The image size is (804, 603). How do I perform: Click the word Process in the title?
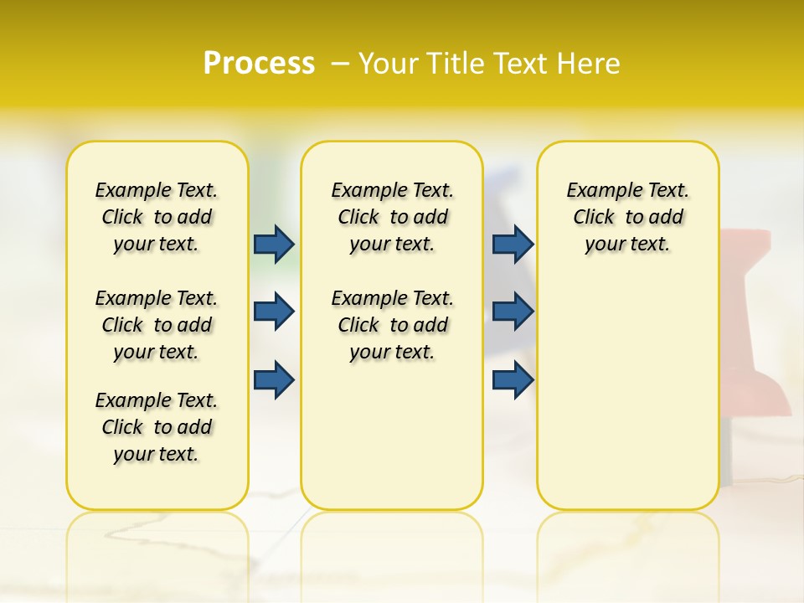[x=259, y=63]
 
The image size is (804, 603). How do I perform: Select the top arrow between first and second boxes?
[x=274, y=244]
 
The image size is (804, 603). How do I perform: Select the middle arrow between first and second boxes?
[x=274, y=312]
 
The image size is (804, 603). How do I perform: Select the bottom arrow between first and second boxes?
[x=274, y=379]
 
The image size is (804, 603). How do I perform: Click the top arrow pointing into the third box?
[x=513, y=244]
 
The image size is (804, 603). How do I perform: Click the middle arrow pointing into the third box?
[x=513, y=312]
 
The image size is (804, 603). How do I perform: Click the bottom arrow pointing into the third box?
[x=513, y=379]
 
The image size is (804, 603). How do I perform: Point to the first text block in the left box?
[x=157, y=217]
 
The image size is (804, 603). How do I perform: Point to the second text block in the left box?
[x=157, y=325]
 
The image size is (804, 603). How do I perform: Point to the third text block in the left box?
[x=157, y=427]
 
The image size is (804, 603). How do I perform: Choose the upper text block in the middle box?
[x=392, y=217]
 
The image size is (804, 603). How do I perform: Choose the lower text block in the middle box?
[x=392, y=325]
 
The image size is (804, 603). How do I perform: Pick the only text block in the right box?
[x=627, y=217]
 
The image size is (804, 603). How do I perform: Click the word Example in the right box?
[x=595, y=190]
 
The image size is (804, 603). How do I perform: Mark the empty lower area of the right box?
[x=627, y=385]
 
